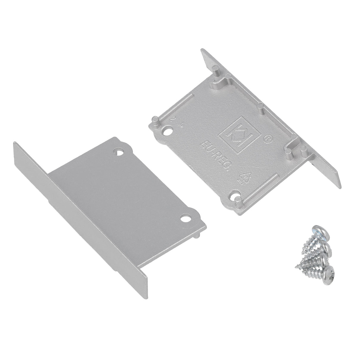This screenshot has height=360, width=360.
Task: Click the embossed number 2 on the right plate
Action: coord(171,120)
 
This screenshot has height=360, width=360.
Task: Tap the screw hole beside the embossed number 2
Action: coord(169,131)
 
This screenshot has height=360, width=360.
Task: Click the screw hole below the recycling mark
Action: coord(235,196)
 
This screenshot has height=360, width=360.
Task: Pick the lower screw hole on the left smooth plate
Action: coord(187,219)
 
